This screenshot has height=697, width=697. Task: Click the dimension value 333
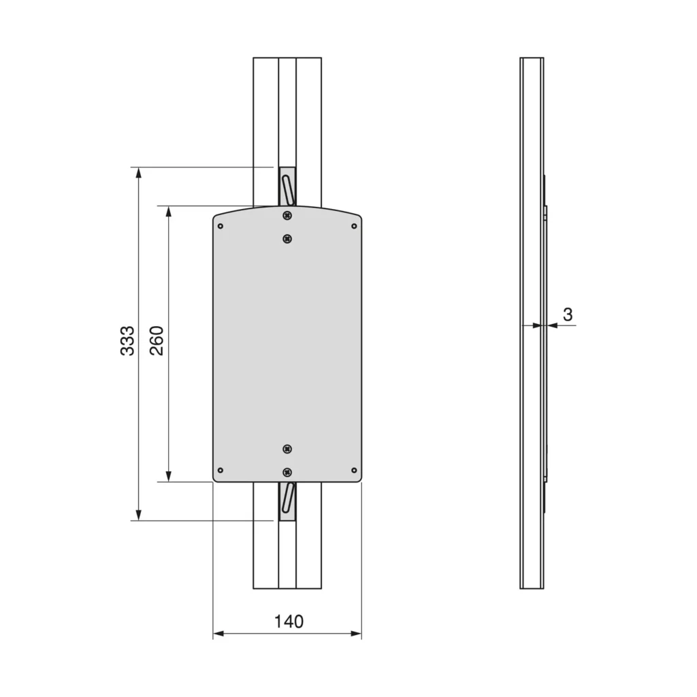click(x=127, y=340)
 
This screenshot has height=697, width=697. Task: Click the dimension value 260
click(x=157, y=340)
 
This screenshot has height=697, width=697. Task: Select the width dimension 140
click(x=289, y=621)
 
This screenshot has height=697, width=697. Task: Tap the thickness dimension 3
click(x=568, y=314)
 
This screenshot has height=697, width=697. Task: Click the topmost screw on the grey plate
click(x=288, y=216)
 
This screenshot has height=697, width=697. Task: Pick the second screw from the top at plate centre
click(x=288, y=239)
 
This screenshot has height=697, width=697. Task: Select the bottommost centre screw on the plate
click(x=288, y=472)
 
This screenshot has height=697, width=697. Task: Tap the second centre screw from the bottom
click(x=288, y=449)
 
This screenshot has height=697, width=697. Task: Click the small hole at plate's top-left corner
click(x=220, y=226)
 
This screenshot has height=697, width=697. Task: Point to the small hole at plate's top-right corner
click(x=354, y=226)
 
